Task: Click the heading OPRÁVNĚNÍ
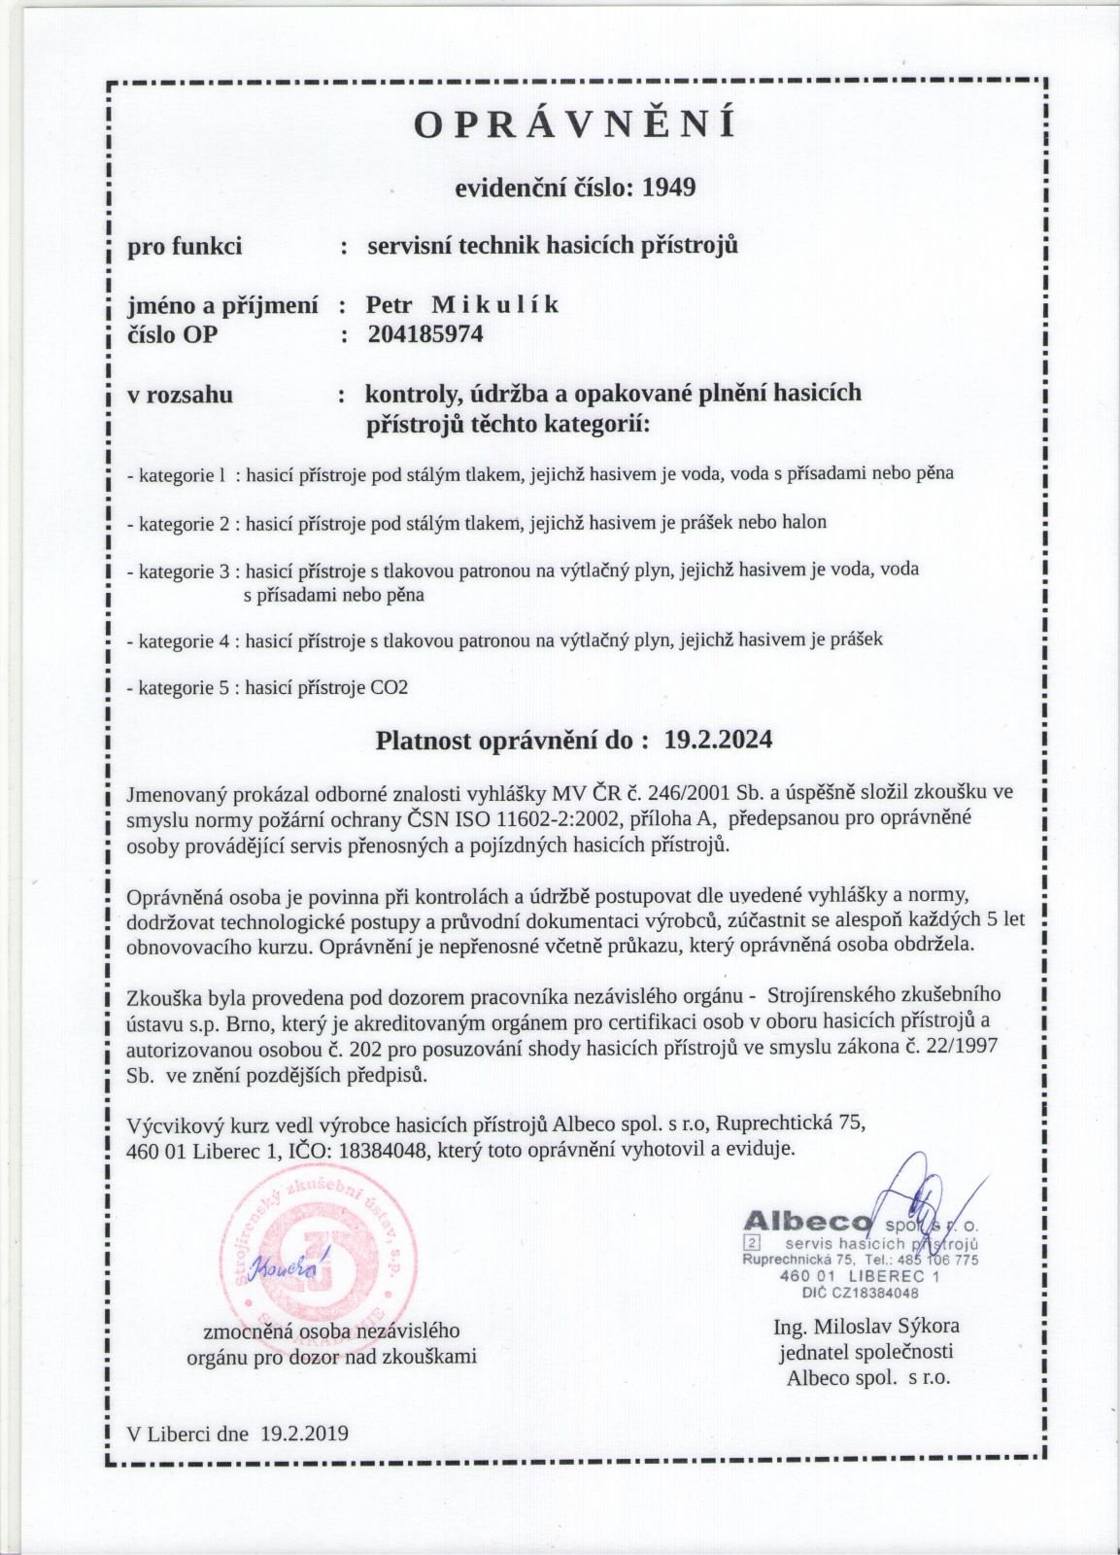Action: point(575,125)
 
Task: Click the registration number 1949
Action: point(669,187)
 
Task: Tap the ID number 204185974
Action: point(425,334)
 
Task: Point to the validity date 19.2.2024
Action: point(719,741)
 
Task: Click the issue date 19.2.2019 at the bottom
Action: point(304,1433)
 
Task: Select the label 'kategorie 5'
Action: point(182,688)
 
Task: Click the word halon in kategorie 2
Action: point(805,523)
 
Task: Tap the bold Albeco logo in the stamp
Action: point(807,1222)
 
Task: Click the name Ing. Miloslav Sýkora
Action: point(866,1327)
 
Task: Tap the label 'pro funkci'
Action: point(186,246)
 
